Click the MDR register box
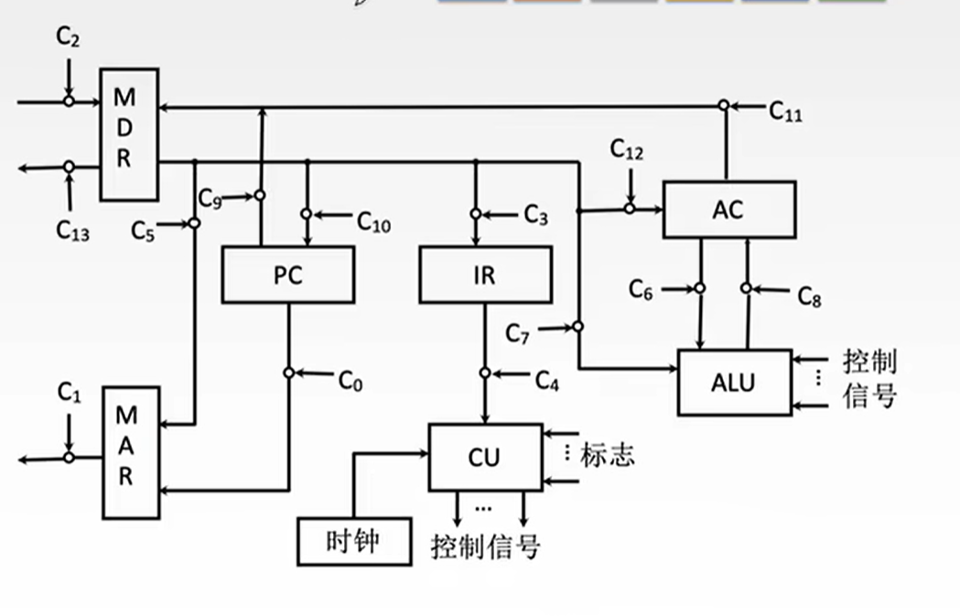pos(129,135)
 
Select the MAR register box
pos(131,452)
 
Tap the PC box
pos(287,275)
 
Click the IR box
pos(486,275)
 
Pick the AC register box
pos(729,210)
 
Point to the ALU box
pos(734,383)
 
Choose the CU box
pos(486,457)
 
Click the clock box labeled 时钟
pos(354,541)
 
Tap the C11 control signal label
pos(785,112)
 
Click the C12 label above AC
pos(626,149)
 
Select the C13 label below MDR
pos(72,231)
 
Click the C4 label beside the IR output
pos(546,380)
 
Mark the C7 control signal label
pos(517,334)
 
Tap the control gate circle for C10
pos(307,213)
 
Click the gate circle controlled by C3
pos(476,213)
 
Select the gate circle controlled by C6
pos(700,287)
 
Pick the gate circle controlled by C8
pos(747,287)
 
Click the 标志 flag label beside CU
pos(607,455)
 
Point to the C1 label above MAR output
pos(70,392)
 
